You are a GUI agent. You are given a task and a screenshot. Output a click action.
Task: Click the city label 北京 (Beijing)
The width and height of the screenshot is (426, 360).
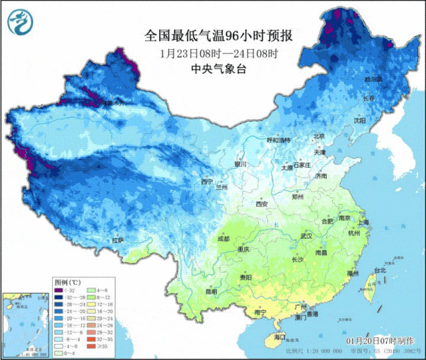click(319, 137)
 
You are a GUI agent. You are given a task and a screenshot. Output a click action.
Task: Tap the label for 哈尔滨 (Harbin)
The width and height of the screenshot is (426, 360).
click(372, 79)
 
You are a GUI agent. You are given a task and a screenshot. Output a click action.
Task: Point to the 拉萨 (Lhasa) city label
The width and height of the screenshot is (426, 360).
click(118, 240)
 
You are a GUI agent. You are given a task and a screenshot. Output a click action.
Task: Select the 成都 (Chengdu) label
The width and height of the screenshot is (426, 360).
click(223, 238)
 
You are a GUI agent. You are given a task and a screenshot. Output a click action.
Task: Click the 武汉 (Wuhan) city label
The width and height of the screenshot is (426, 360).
click(306, 236)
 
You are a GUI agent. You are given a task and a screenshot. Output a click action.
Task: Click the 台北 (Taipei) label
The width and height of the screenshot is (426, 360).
click(379, 271)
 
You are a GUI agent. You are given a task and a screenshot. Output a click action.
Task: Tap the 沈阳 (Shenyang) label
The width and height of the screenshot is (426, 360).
click(379, 121)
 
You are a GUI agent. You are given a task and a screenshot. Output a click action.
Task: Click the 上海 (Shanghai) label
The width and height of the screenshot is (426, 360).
click(363, 222)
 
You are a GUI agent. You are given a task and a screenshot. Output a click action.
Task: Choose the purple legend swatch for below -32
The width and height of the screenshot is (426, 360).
click(58, 290)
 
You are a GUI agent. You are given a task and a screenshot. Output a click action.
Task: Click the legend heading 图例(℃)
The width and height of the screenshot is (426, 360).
click(67, 281)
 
